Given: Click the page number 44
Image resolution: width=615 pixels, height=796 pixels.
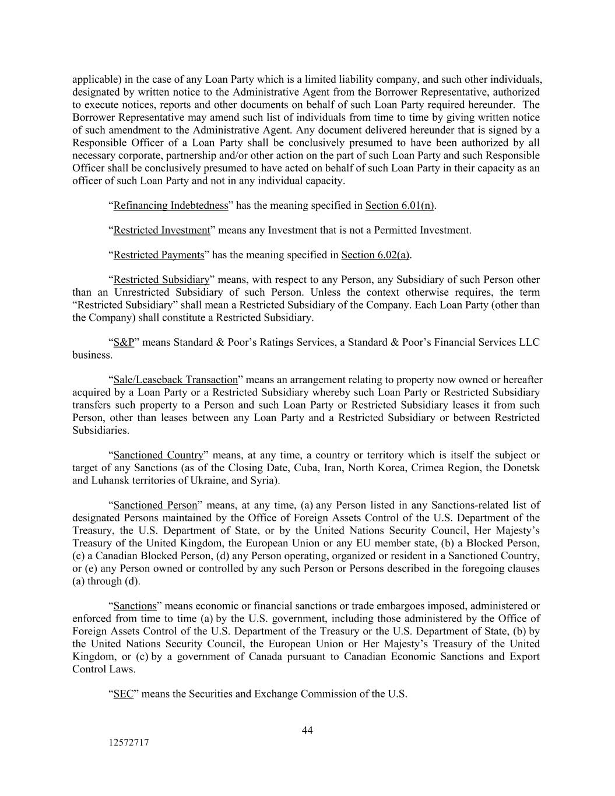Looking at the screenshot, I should coord(307,731).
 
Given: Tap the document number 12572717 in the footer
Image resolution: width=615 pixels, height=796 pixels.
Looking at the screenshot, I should coord(128,743).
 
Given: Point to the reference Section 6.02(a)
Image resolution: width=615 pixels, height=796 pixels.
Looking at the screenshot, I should coord(375,255).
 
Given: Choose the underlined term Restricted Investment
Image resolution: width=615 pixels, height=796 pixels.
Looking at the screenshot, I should coord(161,230).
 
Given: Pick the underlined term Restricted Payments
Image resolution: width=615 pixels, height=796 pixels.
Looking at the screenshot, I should coord(159,255).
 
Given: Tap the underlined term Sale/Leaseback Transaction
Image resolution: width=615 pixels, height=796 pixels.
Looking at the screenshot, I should coord(175,380).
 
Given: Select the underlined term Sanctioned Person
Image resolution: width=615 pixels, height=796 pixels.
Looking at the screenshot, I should coord(155,505).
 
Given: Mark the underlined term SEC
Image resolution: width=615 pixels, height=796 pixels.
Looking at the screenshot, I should coord(123,694).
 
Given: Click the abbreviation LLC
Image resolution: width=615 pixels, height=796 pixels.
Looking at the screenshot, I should coord(529,342).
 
